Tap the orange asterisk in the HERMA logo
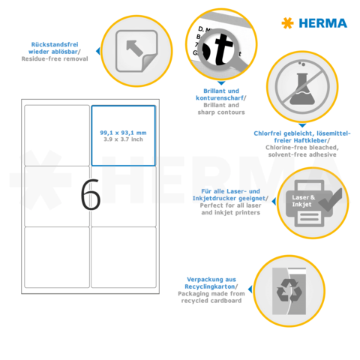pyautogui.click(x=287, y=23)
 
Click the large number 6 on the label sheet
pyautogui.click(x=90, y=196)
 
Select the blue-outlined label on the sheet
pyautogui.click(x=123, y=135)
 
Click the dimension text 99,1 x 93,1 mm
pyautogui.click(x=123, y=132)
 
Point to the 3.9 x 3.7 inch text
pyautogui.click(x=123, y=139)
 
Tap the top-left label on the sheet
pyautogui.click(x=57, y=135)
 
